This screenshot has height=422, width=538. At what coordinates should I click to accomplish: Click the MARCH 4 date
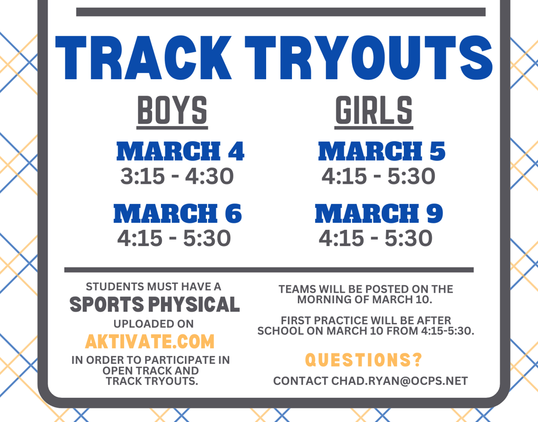coord(181,151)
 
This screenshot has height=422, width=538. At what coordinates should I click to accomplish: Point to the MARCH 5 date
coord(382,151)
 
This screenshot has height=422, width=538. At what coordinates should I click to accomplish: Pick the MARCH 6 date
coord(178,213)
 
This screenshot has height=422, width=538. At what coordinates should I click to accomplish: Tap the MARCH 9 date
coord(379,213)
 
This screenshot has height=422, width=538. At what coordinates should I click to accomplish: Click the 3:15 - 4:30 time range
coord(177,176)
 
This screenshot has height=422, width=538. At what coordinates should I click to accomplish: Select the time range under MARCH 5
coord(379,176)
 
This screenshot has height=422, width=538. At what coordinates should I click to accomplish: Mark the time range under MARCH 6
coord(174,238)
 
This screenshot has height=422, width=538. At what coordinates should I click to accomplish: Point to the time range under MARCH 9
coord(376,238)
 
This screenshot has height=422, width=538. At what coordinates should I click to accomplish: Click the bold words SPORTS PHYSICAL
coord(155,305)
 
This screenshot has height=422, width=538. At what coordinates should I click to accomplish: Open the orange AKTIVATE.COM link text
coord(150,342)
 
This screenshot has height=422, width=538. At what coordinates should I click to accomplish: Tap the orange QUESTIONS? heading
coord(364,360)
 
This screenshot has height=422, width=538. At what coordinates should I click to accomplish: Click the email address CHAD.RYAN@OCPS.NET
coord(399,381)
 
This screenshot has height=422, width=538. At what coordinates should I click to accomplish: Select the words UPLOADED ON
coord(154,324)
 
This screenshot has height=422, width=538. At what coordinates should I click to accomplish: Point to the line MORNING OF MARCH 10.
coord(365,299)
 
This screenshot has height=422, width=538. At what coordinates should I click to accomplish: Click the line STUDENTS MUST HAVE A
coord(153,286)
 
